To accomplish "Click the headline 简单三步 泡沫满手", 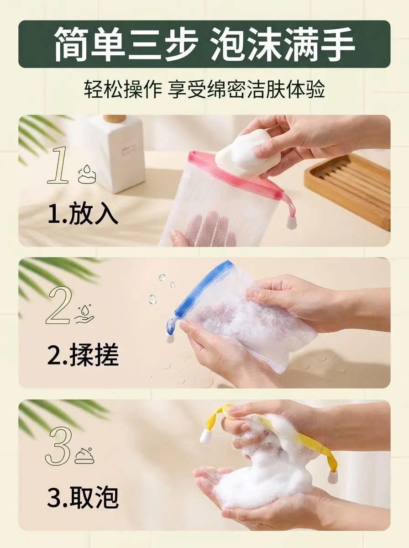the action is click(x=204, y=44).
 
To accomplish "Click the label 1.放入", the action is click(x=83, y=215).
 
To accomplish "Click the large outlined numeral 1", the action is click(x=58, y=165).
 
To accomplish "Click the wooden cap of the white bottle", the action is click(x=114, y=119).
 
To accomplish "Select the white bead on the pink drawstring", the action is click(x=291, y=222).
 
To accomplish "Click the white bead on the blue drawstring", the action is click(x=170, y=337).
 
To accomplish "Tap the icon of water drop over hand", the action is click(x=84, y=314).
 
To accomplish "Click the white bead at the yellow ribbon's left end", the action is click(x=205, y=439).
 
